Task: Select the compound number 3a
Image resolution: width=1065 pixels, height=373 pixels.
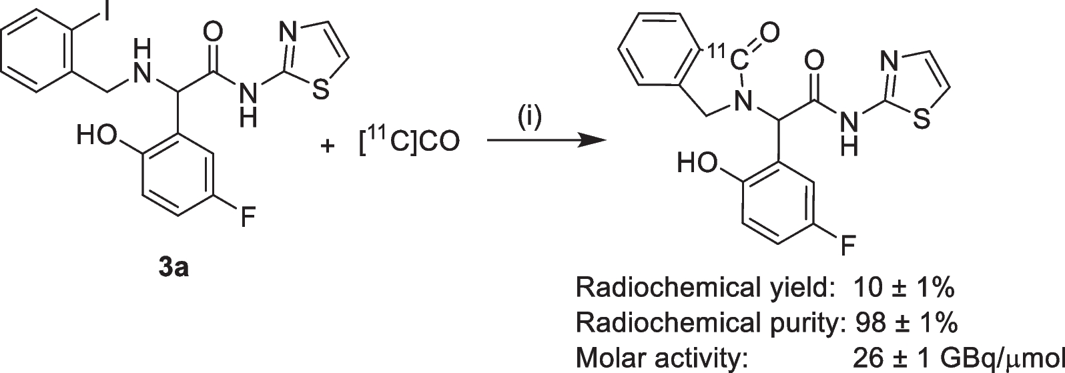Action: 173,270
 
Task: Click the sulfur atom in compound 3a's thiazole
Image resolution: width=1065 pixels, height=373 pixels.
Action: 321,91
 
